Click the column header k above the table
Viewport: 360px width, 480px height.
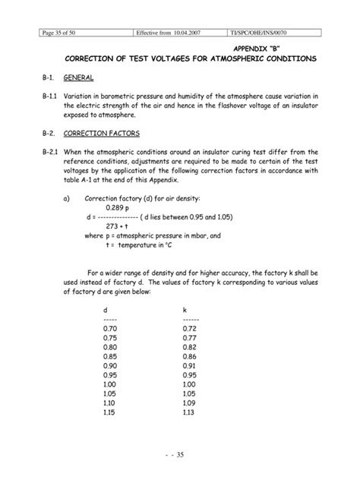(185, 310)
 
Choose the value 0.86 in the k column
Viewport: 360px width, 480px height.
(190, 355)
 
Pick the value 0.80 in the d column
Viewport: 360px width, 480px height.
(110, 346)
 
